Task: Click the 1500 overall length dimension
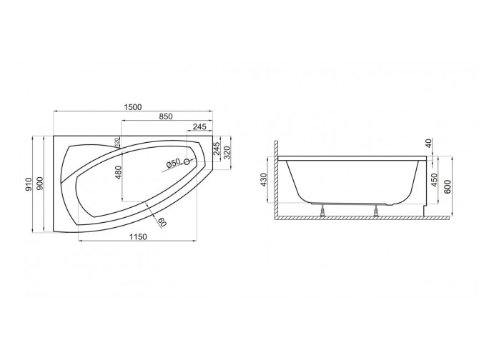tap(132, 107)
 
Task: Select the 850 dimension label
tap(165, 117)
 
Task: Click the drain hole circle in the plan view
tap(187, 162)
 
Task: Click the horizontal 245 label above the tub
tap(199, 127)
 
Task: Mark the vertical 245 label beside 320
tap(217, 149)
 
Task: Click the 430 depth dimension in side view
tap(264, 180)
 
